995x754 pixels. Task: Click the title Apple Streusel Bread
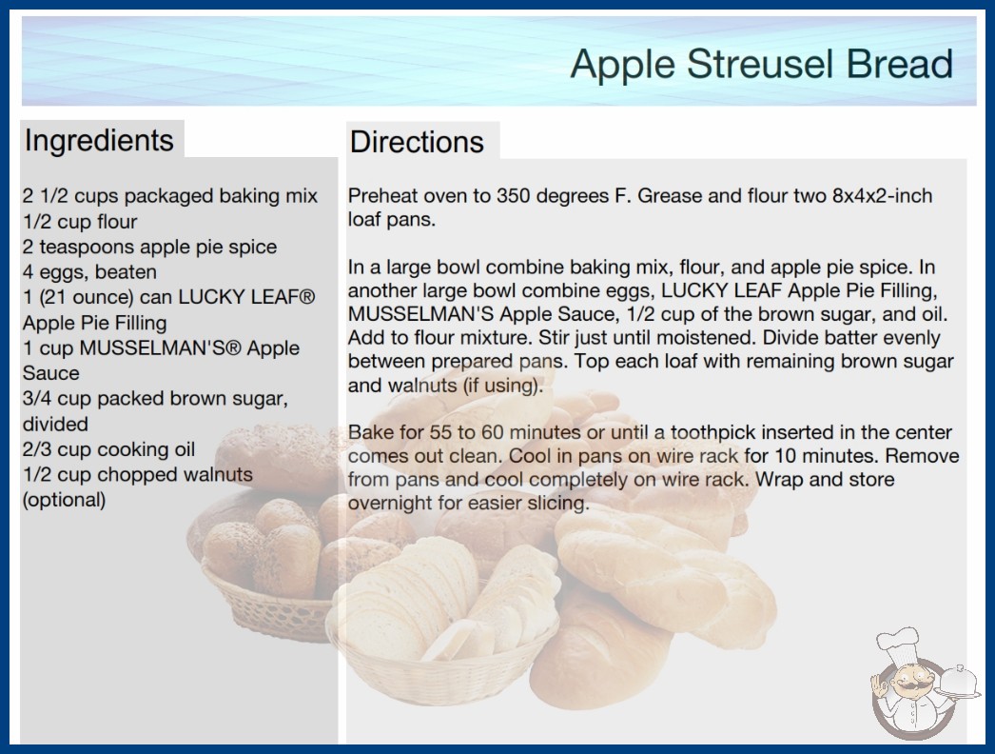pos(762,64)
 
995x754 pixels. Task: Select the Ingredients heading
pos(99,140)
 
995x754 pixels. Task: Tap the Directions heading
pos(417,142)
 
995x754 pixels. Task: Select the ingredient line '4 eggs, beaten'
pos(89,272)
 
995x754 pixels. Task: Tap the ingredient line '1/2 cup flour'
pos(80,222)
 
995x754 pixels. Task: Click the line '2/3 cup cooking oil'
pos(108,449)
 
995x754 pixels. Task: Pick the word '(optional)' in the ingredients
pos(64,500)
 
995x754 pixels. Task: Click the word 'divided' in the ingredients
pos(55,425)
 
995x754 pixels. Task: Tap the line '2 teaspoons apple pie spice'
pos(149,248)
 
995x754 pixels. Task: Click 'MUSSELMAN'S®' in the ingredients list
pos(160,348)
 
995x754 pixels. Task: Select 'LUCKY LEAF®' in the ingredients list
pos(246,297)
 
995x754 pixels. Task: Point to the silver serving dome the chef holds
pos(959,683)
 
